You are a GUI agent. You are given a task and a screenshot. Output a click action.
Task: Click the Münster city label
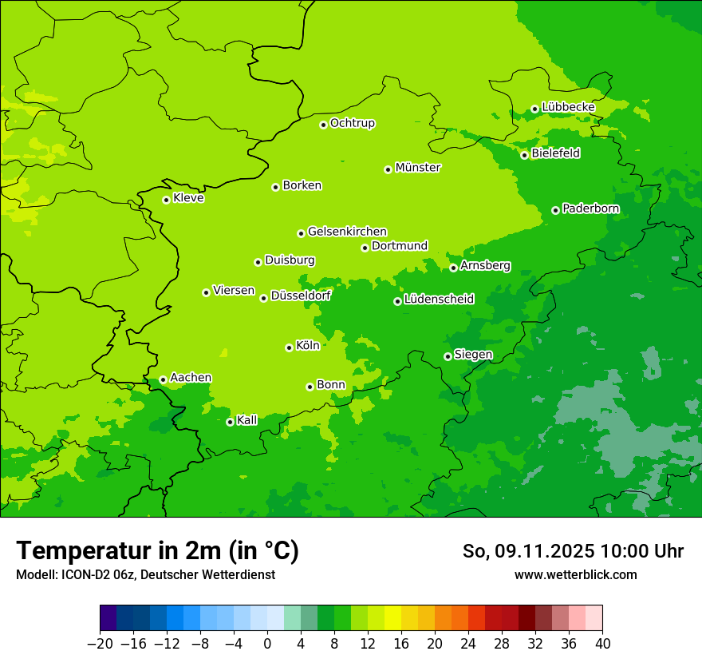click(418, 168)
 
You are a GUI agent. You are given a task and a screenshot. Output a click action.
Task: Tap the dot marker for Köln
click(289, 347)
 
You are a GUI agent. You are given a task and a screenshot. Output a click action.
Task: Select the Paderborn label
click(590, 208)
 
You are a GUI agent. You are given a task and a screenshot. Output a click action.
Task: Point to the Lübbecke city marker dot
click(534, 109)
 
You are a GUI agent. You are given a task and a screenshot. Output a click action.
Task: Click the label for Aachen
click(191, 378)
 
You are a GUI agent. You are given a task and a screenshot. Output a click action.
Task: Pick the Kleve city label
click(188, 198)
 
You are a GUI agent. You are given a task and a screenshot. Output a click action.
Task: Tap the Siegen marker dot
click(448, 356)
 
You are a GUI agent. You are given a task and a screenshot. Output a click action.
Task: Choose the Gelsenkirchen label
click(347, 232)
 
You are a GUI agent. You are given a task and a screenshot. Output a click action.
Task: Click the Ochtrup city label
click(353, 123)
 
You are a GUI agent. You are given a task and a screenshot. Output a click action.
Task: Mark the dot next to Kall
click(230, 422)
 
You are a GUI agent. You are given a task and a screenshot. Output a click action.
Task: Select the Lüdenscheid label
click(439, 300)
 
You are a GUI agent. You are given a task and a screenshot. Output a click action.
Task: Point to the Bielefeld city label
click(555, 153)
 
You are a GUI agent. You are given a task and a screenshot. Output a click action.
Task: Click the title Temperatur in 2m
click(158, 550)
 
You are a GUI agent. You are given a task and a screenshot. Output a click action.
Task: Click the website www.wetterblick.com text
click(575, 574)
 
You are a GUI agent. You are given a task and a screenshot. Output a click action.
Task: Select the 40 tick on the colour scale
click(602, 644)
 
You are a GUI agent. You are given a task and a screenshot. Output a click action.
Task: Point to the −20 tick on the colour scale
click(100, 644)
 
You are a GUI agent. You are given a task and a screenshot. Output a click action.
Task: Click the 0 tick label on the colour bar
click(267, 644)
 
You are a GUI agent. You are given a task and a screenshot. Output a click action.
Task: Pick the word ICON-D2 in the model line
click(81, 574)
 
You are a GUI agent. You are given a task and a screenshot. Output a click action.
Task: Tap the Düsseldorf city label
click(301, 296)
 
